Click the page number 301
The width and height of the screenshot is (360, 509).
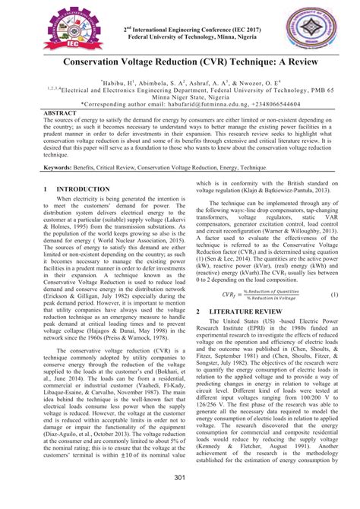pos(180,477)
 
